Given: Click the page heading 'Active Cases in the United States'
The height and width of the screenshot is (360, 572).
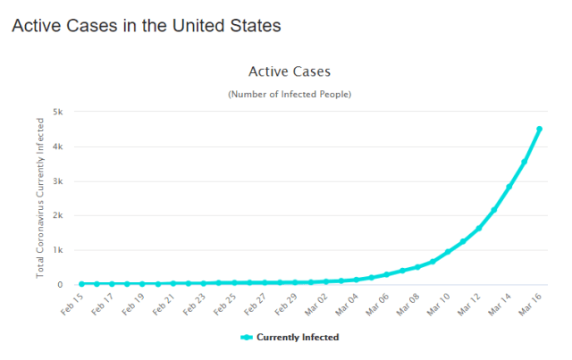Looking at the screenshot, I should click(x=146, y=25).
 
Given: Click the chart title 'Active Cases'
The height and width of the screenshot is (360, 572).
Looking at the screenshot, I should click(x=291, y=71).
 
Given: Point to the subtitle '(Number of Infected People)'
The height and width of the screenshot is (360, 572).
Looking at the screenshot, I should click(x=290, y=94).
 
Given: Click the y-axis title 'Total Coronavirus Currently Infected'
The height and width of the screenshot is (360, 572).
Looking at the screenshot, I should click(x=40, y=197).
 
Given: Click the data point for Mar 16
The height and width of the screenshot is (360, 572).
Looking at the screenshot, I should click(x=539, y=129).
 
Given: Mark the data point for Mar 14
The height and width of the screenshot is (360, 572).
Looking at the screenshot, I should click(x=509, y=187).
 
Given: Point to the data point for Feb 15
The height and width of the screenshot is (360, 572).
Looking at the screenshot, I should click(x=82, y=283).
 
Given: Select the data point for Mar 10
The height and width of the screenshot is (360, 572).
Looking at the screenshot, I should click(x=448, y=251).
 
